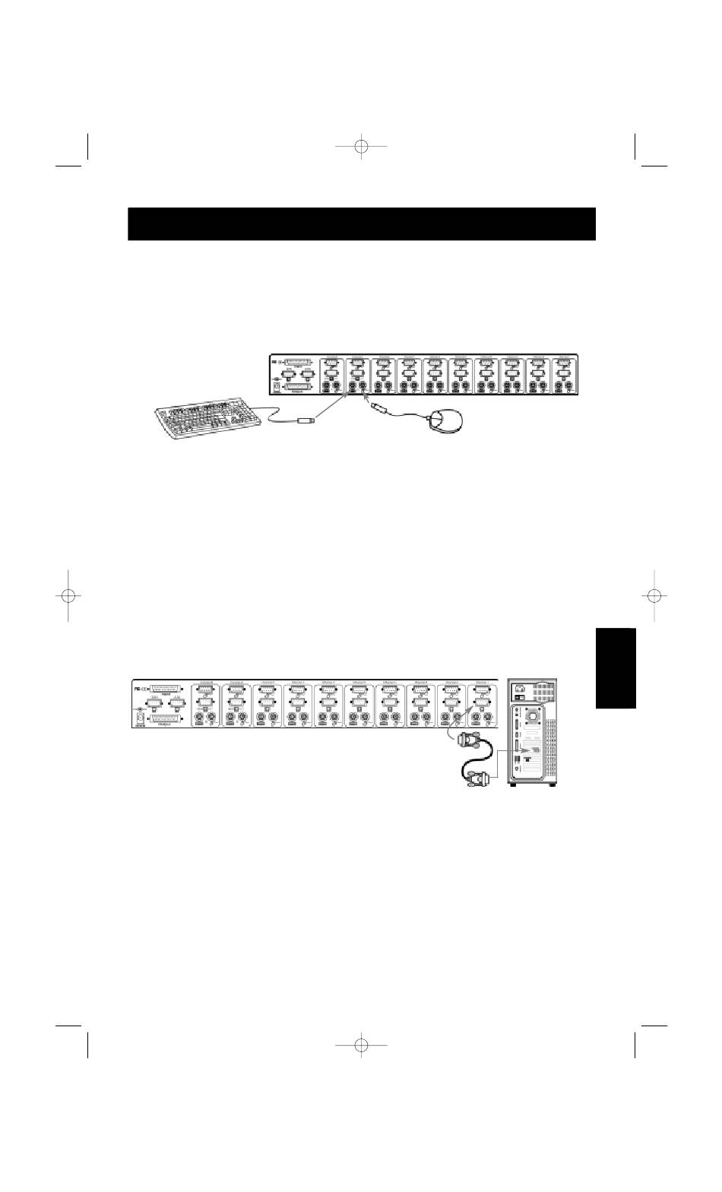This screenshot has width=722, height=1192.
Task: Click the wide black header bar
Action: pyautogui.click(x=361, y=224)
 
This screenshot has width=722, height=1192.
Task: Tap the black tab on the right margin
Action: pyautogui.click(x=616, y=668)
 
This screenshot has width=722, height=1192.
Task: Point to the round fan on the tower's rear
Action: pyautogui.click(x=534, y=715)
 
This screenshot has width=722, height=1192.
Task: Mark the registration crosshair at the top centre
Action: pyautogui.click(x=361, y=146)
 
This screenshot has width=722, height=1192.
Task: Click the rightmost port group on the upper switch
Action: pyautogui.click(x=564, y=376)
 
